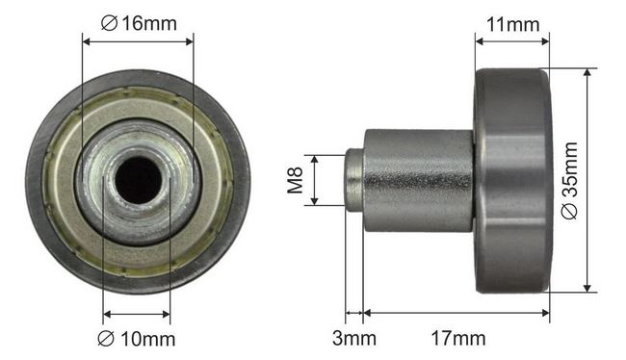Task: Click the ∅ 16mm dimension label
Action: click(x=139, y=23)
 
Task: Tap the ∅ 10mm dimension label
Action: click(x=137, y=339)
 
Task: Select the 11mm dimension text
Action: click(x=512, y=25)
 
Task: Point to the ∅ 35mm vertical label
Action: click(x=569, y=180)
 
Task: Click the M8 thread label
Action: click(x=295, y=180)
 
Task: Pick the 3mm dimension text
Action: click(x=354, y=339)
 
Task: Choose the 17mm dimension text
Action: click(x=458, y=339)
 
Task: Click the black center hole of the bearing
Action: click(x=138, y=180)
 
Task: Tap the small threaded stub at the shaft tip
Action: click(x=354, y=180)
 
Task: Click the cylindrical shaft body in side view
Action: click(x=418, y=180)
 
